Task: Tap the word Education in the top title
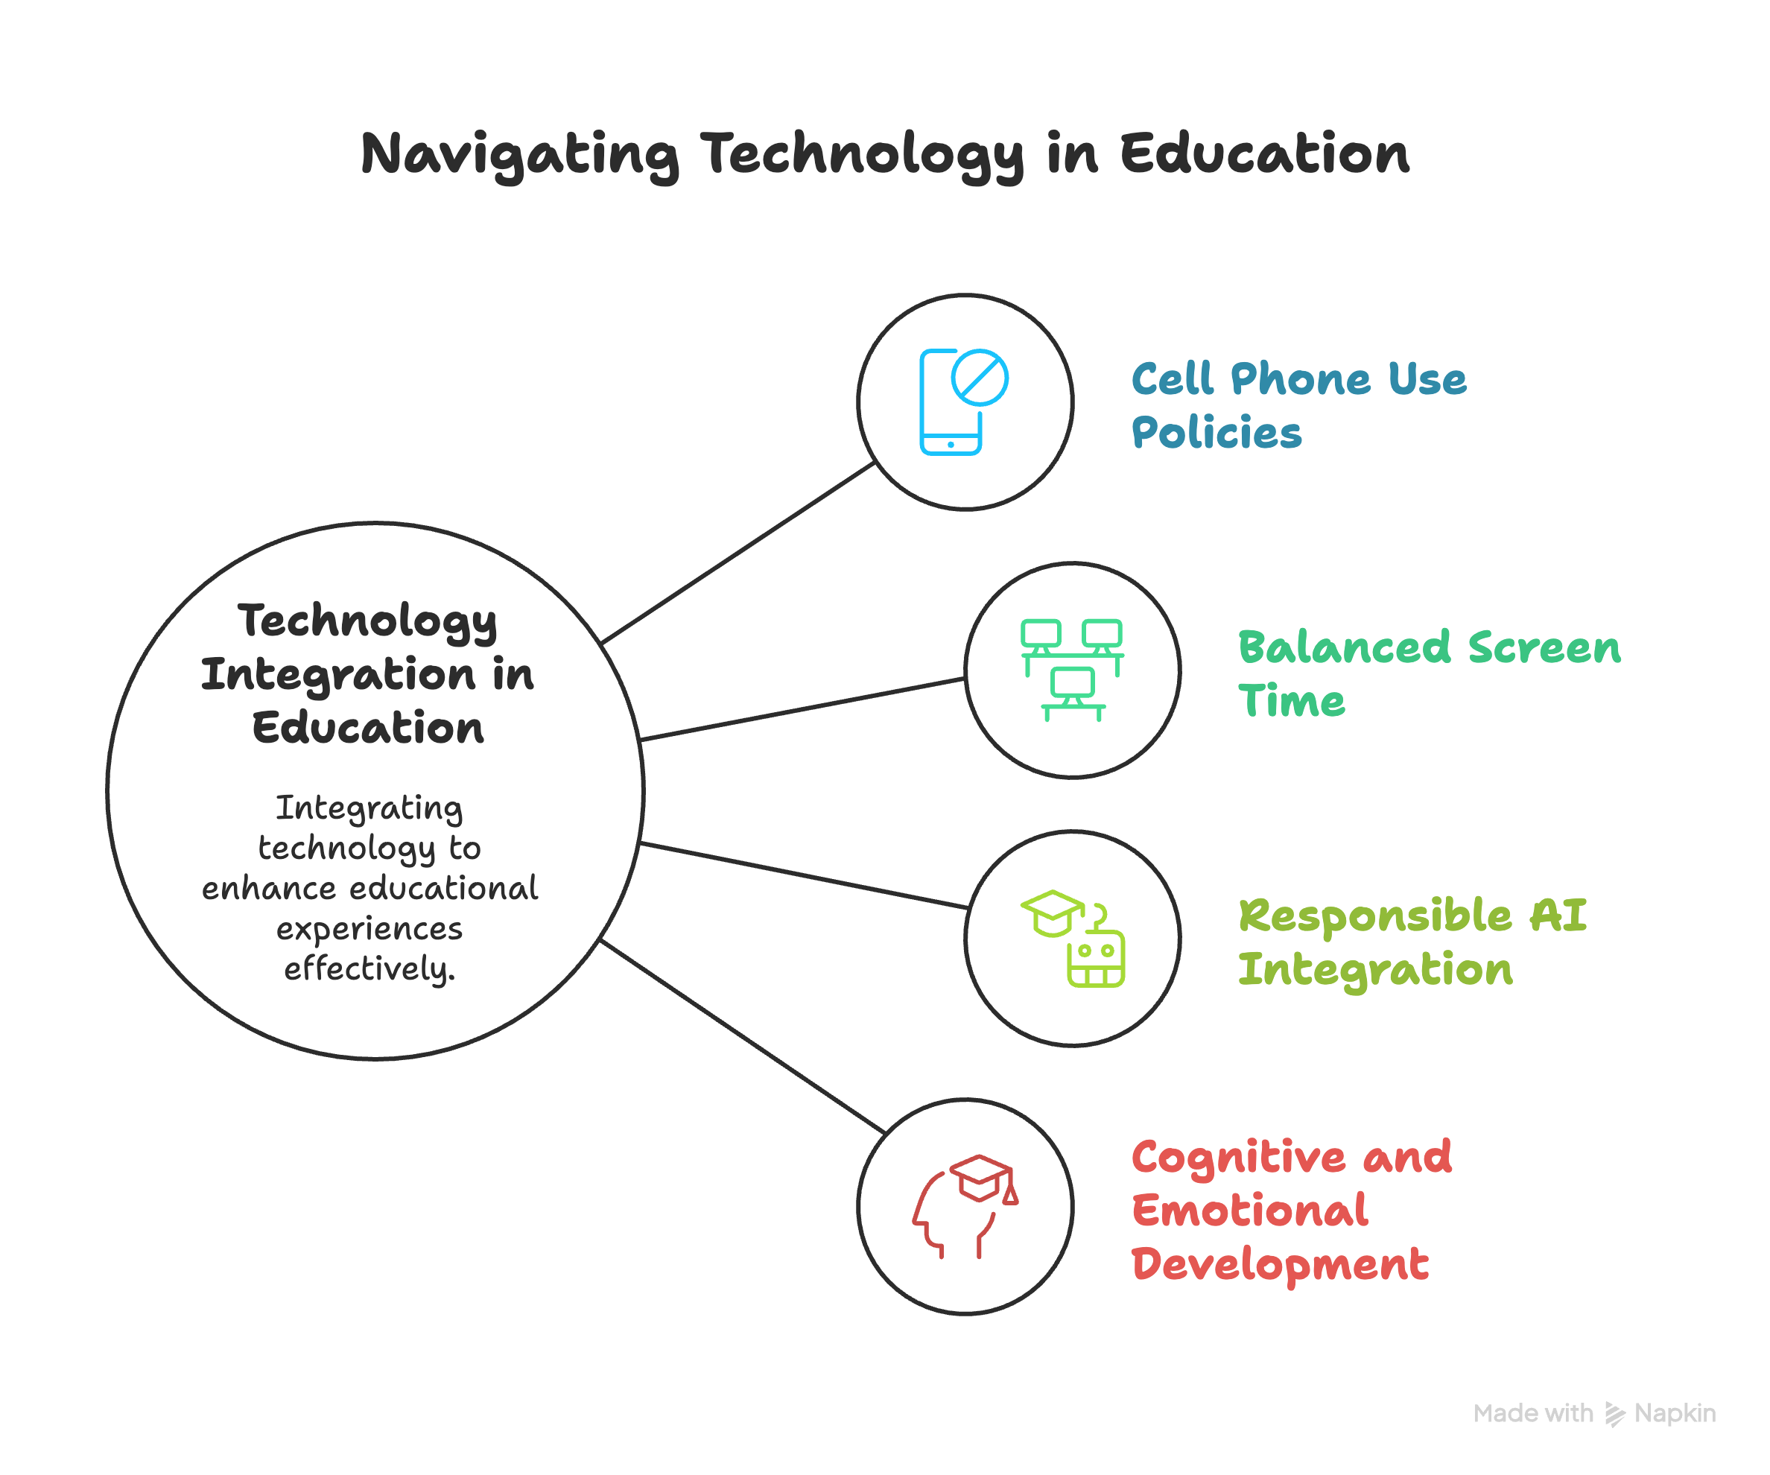(x=1264, y=155)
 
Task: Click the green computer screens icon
(x=1071, y=670)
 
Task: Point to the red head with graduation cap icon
(x=965, y=1206)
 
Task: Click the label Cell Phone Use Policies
(x=1298, y=405)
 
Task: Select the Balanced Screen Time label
(x=1429, y=673)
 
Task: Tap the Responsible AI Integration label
(x=1412, y=942)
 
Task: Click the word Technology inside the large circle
(x=367, y=622)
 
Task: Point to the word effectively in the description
(x=369, y=968)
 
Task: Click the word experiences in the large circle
(x=369, y=928)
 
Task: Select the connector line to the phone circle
(x=737, y=553)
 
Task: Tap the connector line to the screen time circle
(x=802, y=709)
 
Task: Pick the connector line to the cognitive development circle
(x=742, y=1037)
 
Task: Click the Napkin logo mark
(x=1614, y=1413)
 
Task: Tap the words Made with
(x=1532, y=1413)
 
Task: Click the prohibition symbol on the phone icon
(x=980, y=378)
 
